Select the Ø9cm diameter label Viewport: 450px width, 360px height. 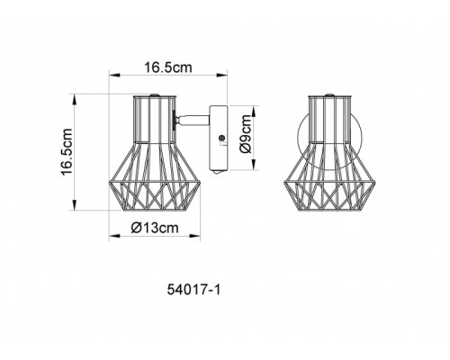coord(245,136)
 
